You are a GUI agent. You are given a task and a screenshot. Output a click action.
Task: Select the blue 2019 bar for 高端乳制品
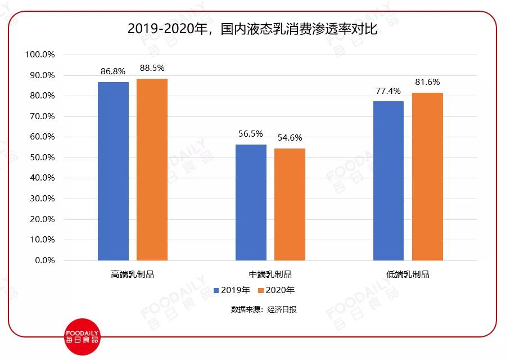pos(113,171)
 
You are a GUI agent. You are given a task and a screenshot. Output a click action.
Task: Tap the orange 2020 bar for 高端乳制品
pos(152,169)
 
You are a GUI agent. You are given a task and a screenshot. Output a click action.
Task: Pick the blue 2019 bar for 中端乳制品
pos(251,202)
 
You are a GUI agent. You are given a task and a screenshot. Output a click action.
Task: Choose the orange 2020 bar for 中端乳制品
pos(290,204)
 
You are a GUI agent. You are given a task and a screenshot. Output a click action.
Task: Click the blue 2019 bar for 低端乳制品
pos(388,181)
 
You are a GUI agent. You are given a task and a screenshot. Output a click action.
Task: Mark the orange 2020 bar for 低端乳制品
pos(427,177)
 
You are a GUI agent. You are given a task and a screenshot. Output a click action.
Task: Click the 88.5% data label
pos(152,68)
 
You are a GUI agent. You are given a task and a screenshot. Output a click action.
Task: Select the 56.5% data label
pos(251,134)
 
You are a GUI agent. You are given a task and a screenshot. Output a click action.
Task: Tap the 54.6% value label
pos(290,138)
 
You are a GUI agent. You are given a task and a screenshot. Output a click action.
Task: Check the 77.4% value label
pos(388,91)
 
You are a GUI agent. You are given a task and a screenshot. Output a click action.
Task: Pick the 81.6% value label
pos(427,82)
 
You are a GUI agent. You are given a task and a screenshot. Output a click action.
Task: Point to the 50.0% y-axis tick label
pos(41,157)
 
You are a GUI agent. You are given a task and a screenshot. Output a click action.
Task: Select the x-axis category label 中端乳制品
pos(270,274)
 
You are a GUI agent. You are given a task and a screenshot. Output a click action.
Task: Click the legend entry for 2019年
pos(232,290)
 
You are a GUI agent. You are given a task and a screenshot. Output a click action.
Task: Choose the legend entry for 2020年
pos(276,290)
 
